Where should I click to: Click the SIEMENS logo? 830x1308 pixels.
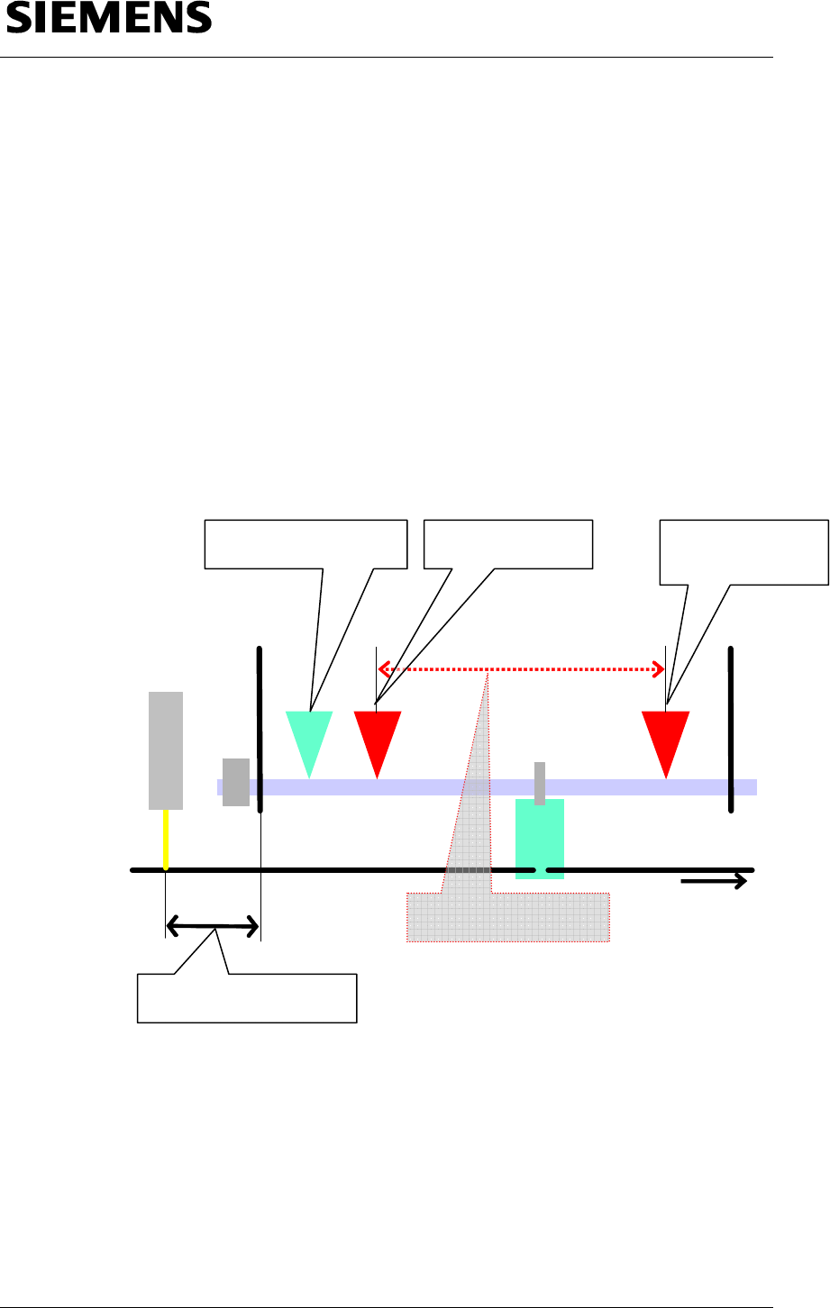109,19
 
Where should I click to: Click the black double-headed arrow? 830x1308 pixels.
213,926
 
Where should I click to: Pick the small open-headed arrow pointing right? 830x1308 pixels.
716,881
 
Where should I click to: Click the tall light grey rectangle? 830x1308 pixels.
166,750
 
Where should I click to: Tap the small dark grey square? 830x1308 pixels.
235,782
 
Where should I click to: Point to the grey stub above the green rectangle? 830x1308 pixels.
540,782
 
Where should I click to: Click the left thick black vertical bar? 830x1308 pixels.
260,730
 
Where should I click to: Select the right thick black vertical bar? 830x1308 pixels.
731,730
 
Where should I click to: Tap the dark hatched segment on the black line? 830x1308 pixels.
468,870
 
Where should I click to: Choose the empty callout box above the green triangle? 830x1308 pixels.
306,544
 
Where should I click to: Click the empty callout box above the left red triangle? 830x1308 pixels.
508,544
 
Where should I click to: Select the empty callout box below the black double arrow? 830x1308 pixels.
247,998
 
